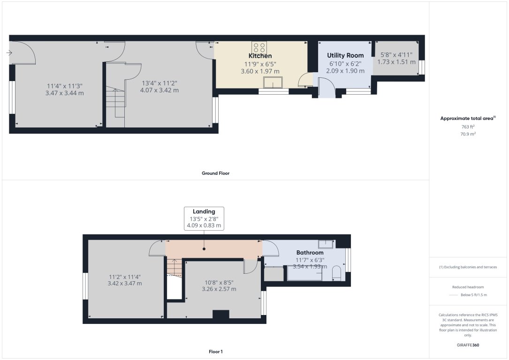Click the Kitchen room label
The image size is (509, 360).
pos(260,56)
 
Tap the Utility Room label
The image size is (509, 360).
pos(345,55)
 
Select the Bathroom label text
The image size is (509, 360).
pos(310,253)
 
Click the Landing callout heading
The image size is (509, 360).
pos(204,211)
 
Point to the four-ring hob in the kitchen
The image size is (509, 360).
pos(259,47)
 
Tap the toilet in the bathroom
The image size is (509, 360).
pos(336,273)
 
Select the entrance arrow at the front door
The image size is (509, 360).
pos(9,53)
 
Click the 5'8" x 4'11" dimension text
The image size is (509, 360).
pos(396,54)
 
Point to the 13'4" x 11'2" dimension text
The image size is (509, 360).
pos(160,83)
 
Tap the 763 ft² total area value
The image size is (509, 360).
pos(468,127)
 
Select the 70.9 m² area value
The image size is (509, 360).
pos(468,134)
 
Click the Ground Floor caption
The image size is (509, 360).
pos(215,173)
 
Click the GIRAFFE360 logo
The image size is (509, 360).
pos(468,345)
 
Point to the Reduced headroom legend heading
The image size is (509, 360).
pos(468,287)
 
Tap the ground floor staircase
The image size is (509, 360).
pos(115,103)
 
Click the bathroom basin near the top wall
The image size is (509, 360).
pos(326,244)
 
